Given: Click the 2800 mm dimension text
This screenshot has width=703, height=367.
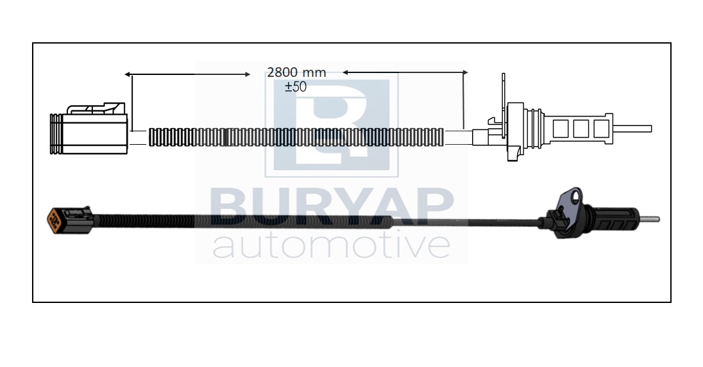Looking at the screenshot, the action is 296,72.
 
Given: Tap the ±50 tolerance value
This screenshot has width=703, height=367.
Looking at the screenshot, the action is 296,87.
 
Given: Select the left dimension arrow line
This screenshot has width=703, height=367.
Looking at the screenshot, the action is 187,74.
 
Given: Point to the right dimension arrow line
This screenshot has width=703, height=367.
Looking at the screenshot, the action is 405,72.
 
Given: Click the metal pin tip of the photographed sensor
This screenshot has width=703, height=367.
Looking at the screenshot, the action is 649,219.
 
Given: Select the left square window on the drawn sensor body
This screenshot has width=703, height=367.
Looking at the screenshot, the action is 561,129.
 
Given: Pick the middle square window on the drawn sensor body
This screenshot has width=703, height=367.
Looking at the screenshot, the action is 581,129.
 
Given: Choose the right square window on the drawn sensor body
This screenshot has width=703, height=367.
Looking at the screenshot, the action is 601,129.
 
